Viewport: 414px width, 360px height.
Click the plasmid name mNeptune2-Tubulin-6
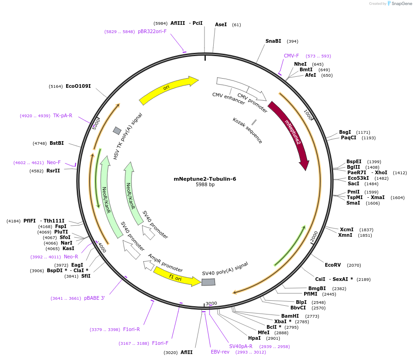(205, 179)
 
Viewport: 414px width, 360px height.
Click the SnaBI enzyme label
(273, 41)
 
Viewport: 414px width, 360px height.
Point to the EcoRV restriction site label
(333, 265)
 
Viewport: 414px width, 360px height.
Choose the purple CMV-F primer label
(291, 56)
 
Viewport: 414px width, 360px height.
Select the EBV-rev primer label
(220, 352)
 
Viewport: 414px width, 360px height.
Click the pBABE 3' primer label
(94, 298)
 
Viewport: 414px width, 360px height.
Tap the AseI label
(221, 24)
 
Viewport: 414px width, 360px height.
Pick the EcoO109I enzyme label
(78, 86)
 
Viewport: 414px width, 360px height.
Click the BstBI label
(57, 143)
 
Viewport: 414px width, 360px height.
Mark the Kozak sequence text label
(247, 131)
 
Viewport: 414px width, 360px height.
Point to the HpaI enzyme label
(254, 338)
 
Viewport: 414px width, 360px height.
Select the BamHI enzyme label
(290, 316)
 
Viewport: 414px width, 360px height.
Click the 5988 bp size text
(205, 185)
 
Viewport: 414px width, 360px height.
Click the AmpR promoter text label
(165, 263)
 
